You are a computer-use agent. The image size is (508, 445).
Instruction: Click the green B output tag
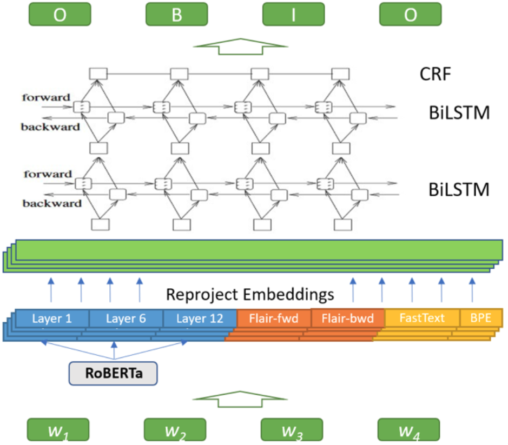(176, 15)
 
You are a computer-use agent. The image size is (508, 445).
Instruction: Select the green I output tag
(293, 15)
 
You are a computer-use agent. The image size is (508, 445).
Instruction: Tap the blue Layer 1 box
(51, 318)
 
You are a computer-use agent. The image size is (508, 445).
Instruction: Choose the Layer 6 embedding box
(126, 318)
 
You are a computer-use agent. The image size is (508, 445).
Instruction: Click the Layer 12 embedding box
(200, 318)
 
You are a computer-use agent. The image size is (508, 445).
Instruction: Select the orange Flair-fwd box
(274, 318)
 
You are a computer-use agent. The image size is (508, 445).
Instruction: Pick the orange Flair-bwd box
(347, 318)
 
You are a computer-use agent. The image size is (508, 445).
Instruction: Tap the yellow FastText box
(421, 318)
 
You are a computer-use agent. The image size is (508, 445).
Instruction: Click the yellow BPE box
(481, 318)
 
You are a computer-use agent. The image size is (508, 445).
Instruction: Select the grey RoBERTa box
(113, 374)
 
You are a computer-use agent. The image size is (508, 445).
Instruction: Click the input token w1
(60, 431)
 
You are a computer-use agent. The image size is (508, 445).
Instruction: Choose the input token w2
(176, 431)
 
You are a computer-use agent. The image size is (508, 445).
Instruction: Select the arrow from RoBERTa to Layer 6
(114, 351)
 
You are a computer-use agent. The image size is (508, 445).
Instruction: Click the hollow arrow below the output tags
(240, 47)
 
